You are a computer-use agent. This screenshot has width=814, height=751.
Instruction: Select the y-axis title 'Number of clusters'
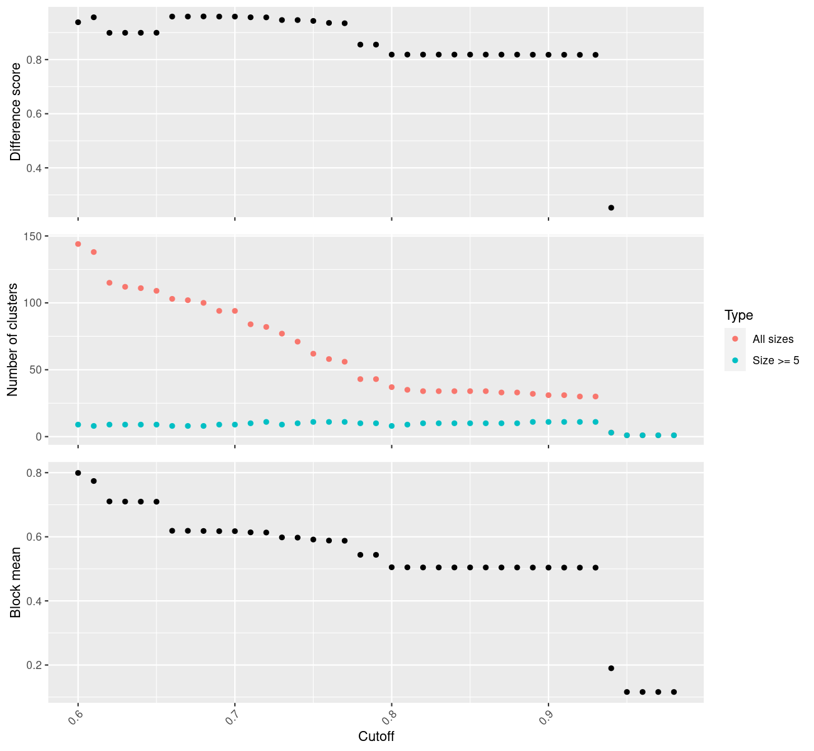13,340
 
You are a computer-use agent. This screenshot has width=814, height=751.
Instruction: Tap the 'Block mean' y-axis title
16,582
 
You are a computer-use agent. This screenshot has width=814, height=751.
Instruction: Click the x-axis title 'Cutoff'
376,737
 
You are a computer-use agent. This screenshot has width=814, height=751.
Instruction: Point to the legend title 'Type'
738,315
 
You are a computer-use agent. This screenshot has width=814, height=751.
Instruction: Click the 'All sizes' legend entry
773,339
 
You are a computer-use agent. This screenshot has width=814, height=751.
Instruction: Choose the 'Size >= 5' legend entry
776,360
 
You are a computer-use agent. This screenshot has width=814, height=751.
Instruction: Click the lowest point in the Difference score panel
611,208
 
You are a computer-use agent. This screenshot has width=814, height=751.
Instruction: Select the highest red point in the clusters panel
78,244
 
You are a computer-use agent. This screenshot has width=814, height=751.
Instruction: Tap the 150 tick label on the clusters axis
34,237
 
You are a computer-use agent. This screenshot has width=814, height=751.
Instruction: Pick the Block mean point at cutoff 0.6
78,473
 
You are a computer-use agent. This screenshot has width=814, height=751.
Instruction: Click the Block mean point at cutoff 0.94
611,668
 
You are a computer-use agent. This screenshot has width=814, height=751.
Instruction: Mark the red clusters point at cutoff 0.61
94,252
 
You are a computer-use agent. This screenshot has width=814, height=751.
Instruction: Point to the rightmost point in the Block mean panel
674,692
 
